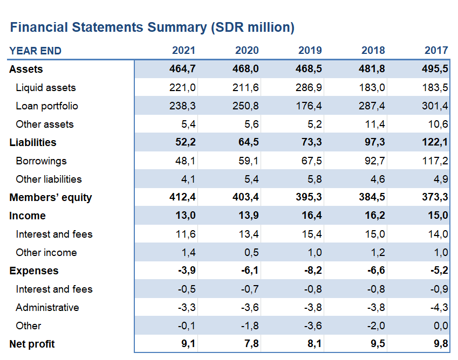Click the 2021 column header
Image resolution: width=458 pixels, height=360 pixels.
click(x=183, y=50)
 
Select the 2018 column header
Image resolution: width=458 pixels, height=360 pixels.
click(x=373, y=50)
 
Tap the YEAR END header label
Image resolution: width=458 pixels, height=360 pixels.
click(x=36, y=51)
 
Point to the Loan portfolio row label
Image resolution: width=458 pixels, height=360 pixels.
click(x=47, y=106)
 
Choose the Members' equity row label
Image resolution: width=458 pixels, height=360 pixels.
click(x=51, y=197)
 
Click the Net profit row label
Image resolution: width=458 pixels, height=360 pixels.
click(x=32, y=344)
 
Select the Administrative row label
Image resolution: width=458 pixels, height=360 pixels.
click(x=47, y=308)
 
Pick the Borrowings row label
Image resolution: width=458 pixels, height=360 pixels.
click(x=41, y=161)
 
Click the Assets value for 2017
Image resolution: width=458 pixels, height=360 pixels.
click(x=435, y=69)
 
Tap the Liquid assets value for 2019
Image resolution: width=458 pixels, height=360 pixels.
click(x=309, y=87)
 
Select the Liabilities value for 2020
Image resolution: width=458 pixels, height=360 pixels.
click(x=248, y=142)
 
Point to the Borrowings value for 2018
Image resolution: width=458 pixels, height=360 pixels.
click(x=374, y=161)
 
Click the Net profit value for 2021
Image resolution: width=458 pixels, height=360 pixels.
click(x=188, y=344)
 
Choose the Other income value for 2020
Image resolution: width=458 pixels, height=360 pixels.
click(x=251, y=252)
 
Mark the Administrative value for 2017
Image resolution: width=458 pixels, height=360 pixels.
click(x=439, y=308)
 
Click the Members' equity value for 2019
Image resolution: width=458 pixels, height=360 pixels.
click(x=309, y=197)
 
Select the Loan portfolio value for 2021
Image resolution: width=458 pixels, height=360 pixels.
click(x=182, y=106)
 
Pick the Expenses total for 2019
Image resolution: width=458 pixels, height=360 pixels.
click(x=313, y=271)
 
